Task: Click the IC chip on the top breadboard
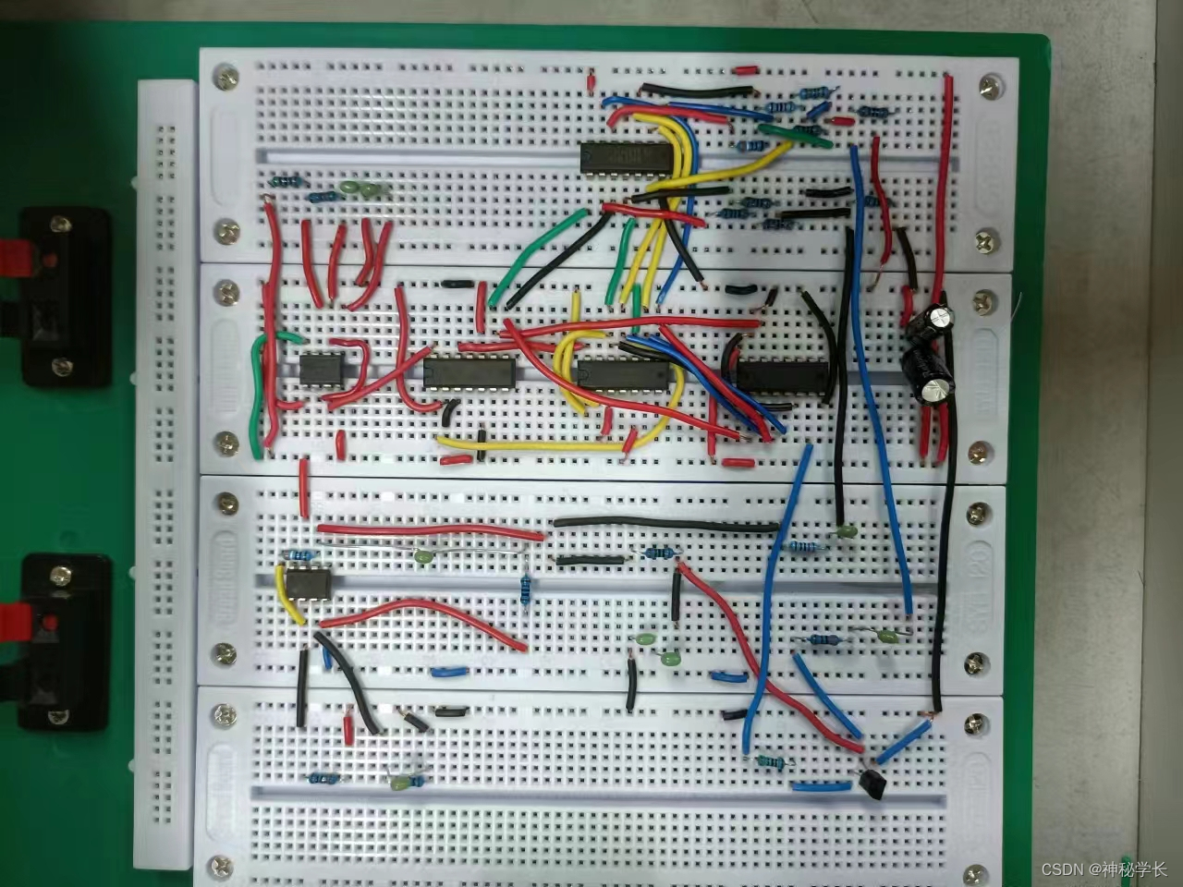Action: click(x=624, y=158)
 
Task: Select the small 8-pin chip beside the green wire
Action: click(x=321, y=367)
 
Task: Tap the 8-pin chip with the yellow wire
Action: click(x=306, y=584)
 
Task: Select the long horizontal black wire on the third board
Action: click(x=665, y=524)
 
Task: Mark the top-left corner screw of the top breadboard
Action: click(x=225, y=79)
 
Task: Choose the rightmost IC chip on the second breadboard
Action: click(x=782, y=374)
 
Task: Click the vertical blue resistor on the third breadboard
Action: click(x=526, y=589)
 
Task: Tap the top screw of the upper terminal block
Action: click(x=60, y=224)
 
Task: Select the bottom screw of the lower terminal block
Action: click(x=61, y=718)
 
